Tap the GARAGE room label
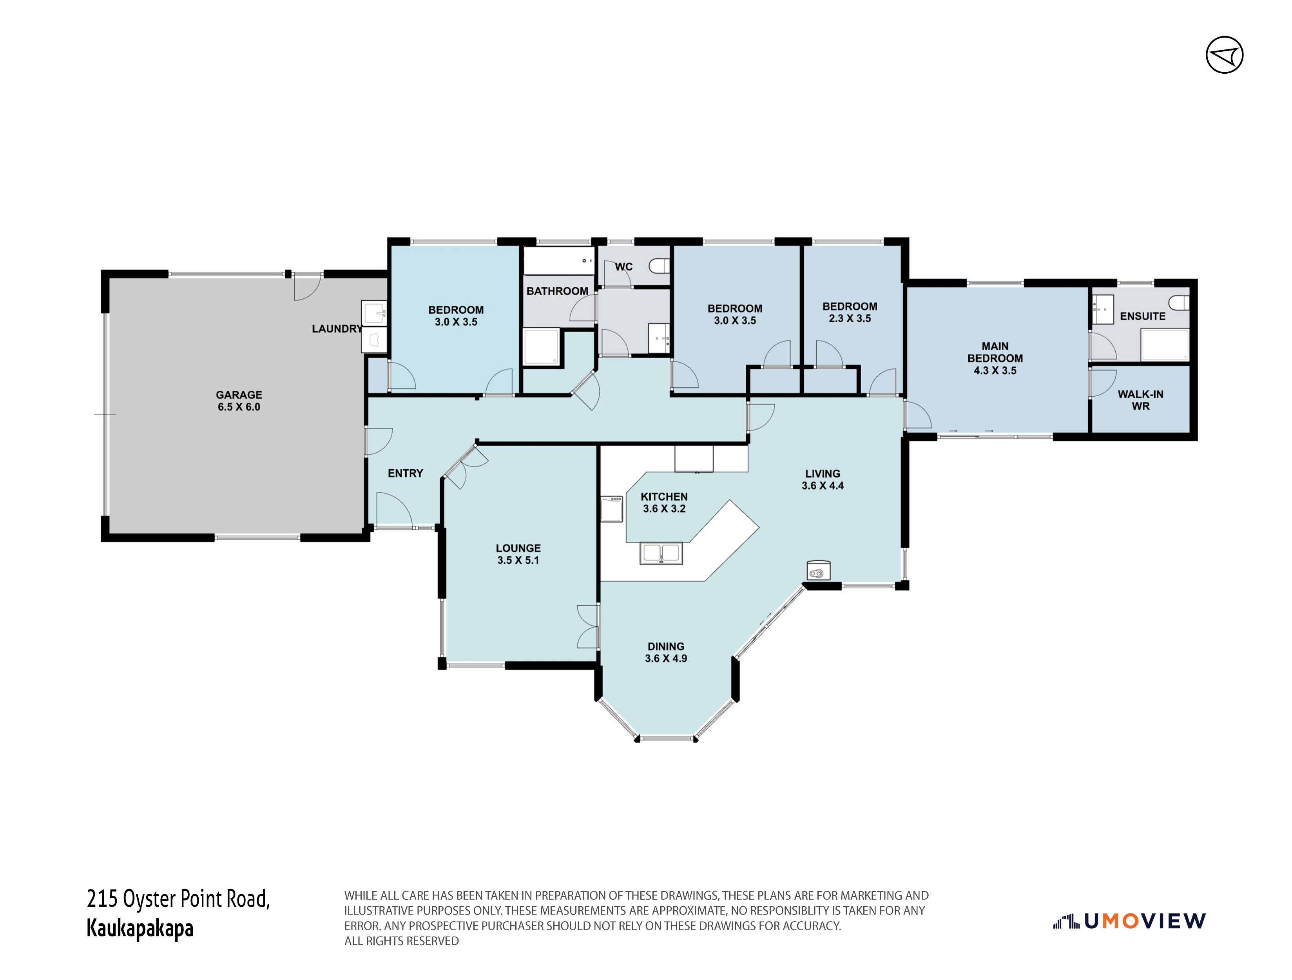click(239, 395)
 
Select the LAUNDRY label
click(337, 329)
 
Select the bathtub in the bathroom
click(558, 261)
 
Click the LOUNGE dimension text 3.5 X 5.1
click(518, 561)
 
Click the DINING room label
click(666, 646)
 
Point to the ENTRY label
click(405, 474)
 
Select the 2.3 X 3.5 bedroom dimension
click(850, 318)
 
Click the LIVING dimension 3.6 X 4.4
click(823, 486)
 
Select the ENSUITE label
click(1142, 316)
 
